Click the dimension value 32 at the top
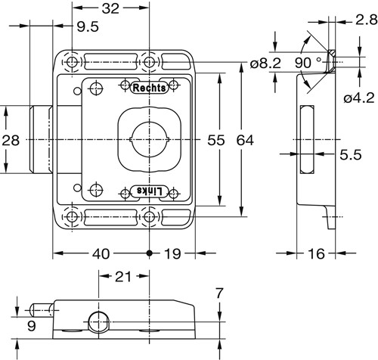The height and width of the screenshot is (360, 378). pyautogui.click(x=110, y=8)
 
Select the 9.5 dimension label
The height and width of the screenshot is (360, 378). pyautogui.click(x=88, y=26)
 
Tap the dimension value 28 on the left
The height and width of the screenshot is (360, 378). pyautogui.click(x=11, y=140)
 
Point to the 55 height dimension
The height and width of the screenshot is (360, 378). pyautogui.click(x=216, y=140)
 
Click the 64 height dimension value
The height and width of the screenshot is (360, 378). pyautogui.click(x=245, y=140)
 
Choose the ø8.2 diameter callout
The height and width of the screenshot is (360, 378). pyautogui.click(x=265, y=63)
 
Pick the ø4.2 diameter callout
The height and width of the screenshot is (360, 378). pyautogui.click(x=359, y=98)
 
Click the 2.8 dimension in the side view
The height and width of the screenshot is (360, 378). pyautogui.click(x=367, y=20)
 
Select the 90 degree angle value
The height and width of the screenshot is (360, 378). pyautogui.click(x=303, y=63)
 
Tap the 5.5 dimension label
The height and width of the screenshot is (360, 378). pyautogui.click(x=351, y=154)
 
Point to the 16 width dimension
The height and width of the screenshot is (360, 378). pyautogui.click(x=316, y=253)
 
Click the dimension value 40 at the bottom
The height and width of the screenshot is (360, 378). pyautogui.click(x=101, y=253)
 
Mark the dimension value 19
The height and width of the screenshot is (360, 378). pyautogui.click(x=172, y=253)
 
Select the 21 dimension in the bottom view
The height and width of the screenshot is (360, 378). pyautogui.click(x=123, y=277)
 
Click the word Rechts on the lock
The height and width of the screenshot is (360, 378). pyautogui.click(x=149, y=88)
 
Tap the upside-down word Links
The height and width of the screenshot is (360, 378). pyautogui.click(x=150, y=191)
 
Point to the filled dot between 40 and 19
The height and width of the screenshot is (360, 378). pyautogui.click(x=150, y=253)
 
